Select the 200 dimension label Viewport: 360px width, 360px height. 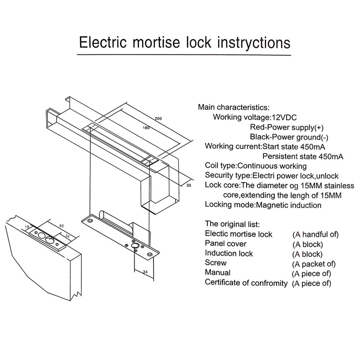pos(158,119)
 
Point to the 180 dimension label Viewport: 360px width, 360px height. pos(146,127)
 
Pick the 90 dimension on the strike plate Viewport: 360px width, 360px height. pos(62,226)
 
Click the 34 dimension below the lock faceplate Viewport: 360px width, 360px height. pos(145,272)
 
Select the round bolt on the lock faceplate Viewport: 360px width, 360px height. pos(136,246)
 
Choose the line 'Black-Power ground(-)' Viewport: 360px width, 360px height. pos(289,137)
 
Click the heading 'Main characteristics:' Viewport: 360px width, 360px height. pos(233,107)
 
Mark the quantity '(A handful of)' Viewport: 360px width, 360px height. pos(315,234)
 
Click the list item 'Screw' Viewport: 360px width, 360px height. pos(216,263)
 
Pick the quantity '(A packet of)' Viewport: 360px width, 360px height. pos(314,264)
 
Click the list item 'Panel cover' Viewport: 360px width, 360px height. pos(226,244)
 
